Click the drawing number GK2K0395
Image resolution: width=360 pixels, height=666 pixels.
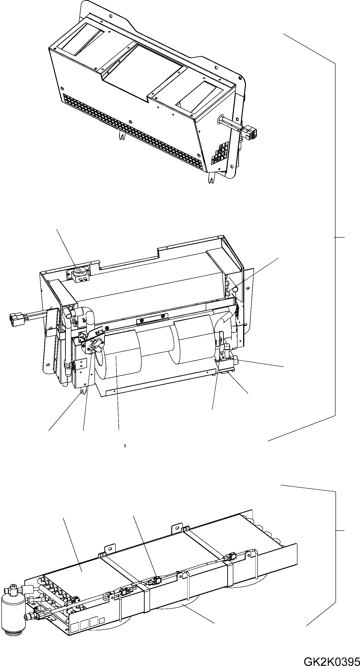click(332, 660)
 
